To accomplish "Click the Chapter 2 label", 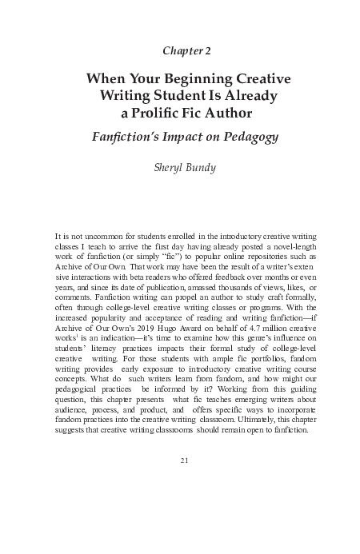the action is (x=186, y=51).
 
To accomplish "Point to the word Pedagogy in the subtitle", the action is (x=249, y=137).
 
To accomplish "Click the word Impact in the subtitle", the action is (x=188, y=137).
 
